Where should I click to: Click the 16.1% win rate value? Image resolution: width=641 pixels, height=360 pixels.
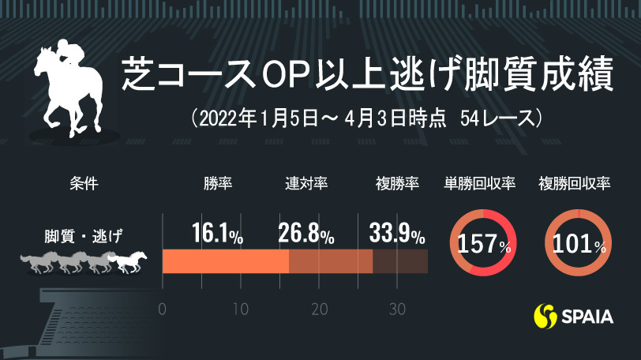coord(217,234)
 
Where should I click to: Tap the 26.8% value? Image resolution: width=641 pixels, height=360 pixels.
coord(306,234)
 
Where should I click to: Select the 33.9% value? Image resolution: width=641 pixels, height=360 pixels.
coord(397,234)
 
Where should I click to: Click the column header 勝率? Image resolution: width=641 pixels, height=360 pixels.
coord(217,184)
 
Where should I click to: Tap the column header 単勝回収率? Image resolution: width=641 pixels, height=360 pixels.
coord(481,184)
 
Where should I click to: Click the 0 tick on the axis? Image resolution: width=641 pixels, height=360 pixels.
coord(162,308)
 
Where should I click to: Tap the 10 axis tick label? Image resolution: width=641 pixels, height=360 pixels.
coord(241,308)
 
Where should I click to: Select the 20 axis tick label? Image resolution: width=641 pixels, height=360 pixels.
coord(319,308)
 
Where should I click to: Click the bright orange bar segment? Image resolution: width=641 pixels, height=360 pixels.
coord(225,261)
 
